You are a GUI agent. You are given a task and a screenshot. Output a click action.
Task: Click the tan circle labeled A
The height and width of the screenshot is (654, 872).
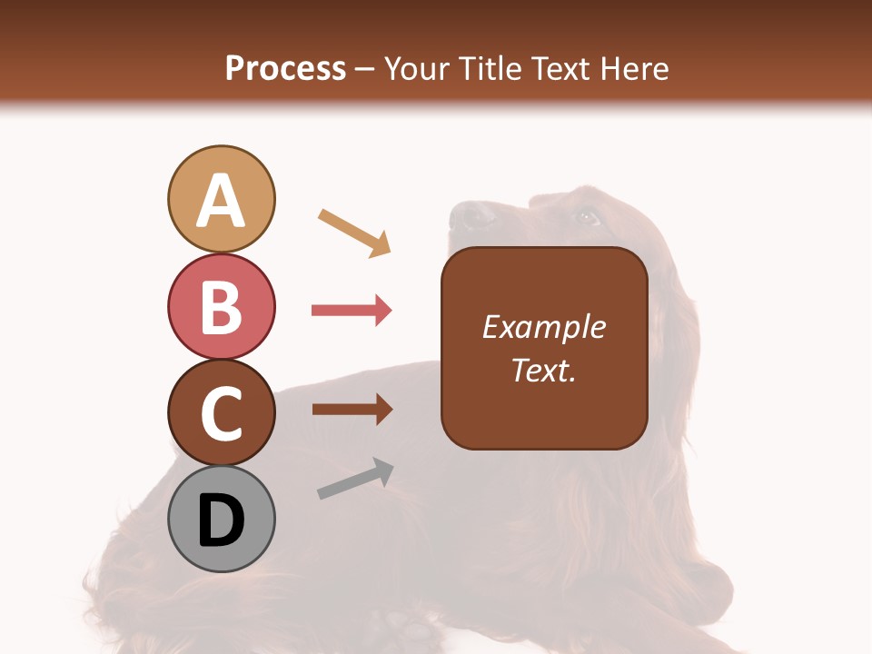221,199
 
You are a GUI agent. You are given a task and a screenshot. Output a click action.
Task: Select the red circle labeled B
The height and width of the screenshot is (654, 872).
221,306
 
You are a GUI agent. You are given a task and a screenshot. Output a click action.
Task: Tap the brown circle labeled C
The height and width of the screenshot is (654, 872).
221,412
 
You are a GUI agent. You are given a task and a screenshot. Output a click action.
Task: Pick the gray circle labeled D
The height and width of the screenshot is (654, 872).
221,520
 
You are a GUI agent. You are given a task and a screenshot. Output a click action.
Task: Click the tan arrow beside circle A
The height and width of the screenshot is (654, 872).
354,233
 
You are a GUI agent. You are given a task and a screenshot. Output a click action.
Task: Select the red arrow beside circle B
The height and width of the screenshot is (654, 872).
352,311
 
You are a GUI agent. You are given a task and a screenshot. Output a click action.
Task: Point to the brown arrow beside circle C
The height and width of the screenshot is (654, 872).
352,410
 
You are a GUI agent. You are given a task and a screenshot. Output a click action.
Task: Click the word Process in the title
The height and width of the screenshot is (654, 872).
285,68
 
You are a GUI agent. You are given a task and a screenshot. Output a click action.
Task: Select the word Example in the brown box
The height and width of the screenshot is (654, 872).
543,327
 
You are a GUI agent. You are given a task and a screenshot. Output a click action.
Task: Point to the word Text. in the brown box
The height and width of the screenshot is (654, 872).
543,370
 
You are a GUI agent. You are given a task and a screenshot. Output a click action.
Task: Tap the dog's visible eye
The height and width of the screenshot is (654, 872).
586,217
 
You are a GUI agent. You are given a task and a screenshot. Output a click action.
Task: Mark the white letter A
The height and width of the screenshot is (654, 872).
221,201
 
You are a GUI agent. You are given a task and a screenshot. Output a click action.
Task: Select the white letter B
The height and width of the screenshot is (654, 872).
221,307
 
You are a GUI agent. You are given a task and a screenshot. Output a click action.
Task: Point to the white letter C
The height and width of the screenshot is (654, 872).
221,414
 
